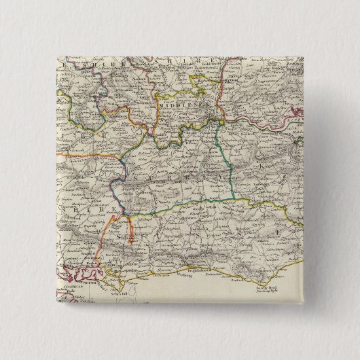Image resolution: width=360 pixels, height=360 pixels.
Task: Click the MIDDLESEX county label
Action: click(x=176, y=106)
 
